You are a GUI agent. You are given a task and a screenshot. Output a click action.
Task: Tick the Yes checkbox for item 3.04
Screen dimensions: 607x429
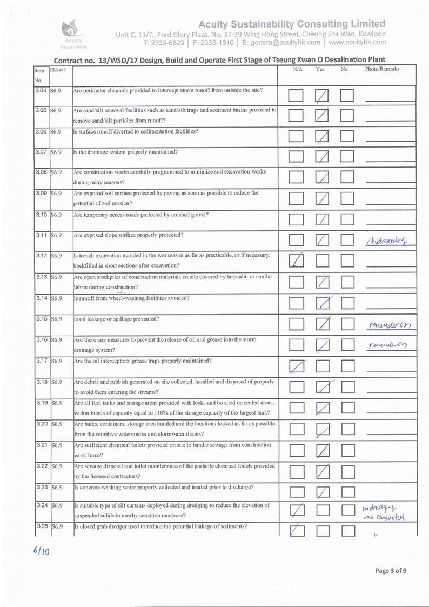click(321, 96)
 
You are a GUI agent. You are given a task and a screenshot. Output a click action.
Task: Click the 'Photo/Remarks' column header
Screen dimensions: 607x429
click(382, 70)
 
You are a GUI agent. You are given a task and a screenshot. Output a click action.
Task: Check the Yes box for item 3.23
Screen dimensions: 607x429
click(321, 491)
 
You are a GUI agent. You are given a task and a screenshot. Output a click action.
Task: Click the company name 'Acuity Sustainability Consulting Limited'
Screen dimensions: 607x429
click(292, 24)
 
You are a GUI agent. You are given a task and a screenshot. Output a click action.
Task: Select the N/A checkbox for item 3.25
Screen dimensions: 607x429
click(296, 532)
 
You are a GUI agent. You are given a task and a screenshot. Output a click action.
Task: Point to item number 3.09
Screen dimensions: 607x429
click(41, 193)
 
